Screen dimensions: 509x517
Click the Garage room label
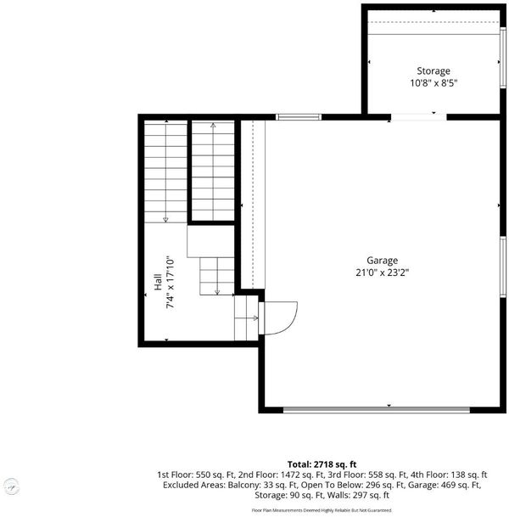click(382, 261)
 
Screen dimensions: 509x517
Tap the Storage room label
click(433, 71)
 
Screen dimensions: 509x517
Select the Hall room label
click(158, 282)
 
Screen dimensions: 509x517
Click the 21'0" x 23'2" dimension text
click(382, 273)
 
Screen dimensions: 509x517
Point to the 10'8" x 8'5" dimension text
click(433, 82)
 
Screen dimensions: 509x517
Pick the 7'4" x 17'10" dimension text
click(170, 282)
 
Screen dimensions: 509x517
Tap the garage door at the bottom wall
click(377, 410)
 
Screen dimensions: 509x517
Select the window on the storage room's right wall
click(503, 58)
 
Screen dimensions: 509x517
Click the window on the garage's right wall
click(503, 267)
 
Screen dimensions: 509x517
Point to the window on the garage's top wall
click(299, 116)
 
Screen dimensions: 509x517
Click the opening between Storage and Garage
click(419, 116)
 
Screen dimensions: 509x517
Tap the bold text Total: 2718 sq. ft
click(322, 464)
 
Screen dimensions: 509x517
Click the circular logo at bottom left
click(12, 486)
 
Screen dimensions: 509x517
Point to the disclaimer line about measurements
click(322, 510)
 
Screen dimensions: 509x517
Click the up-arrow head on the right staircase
click(213, 125)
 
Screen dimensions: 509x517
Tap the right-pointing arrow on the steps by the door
click(255, 318)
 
